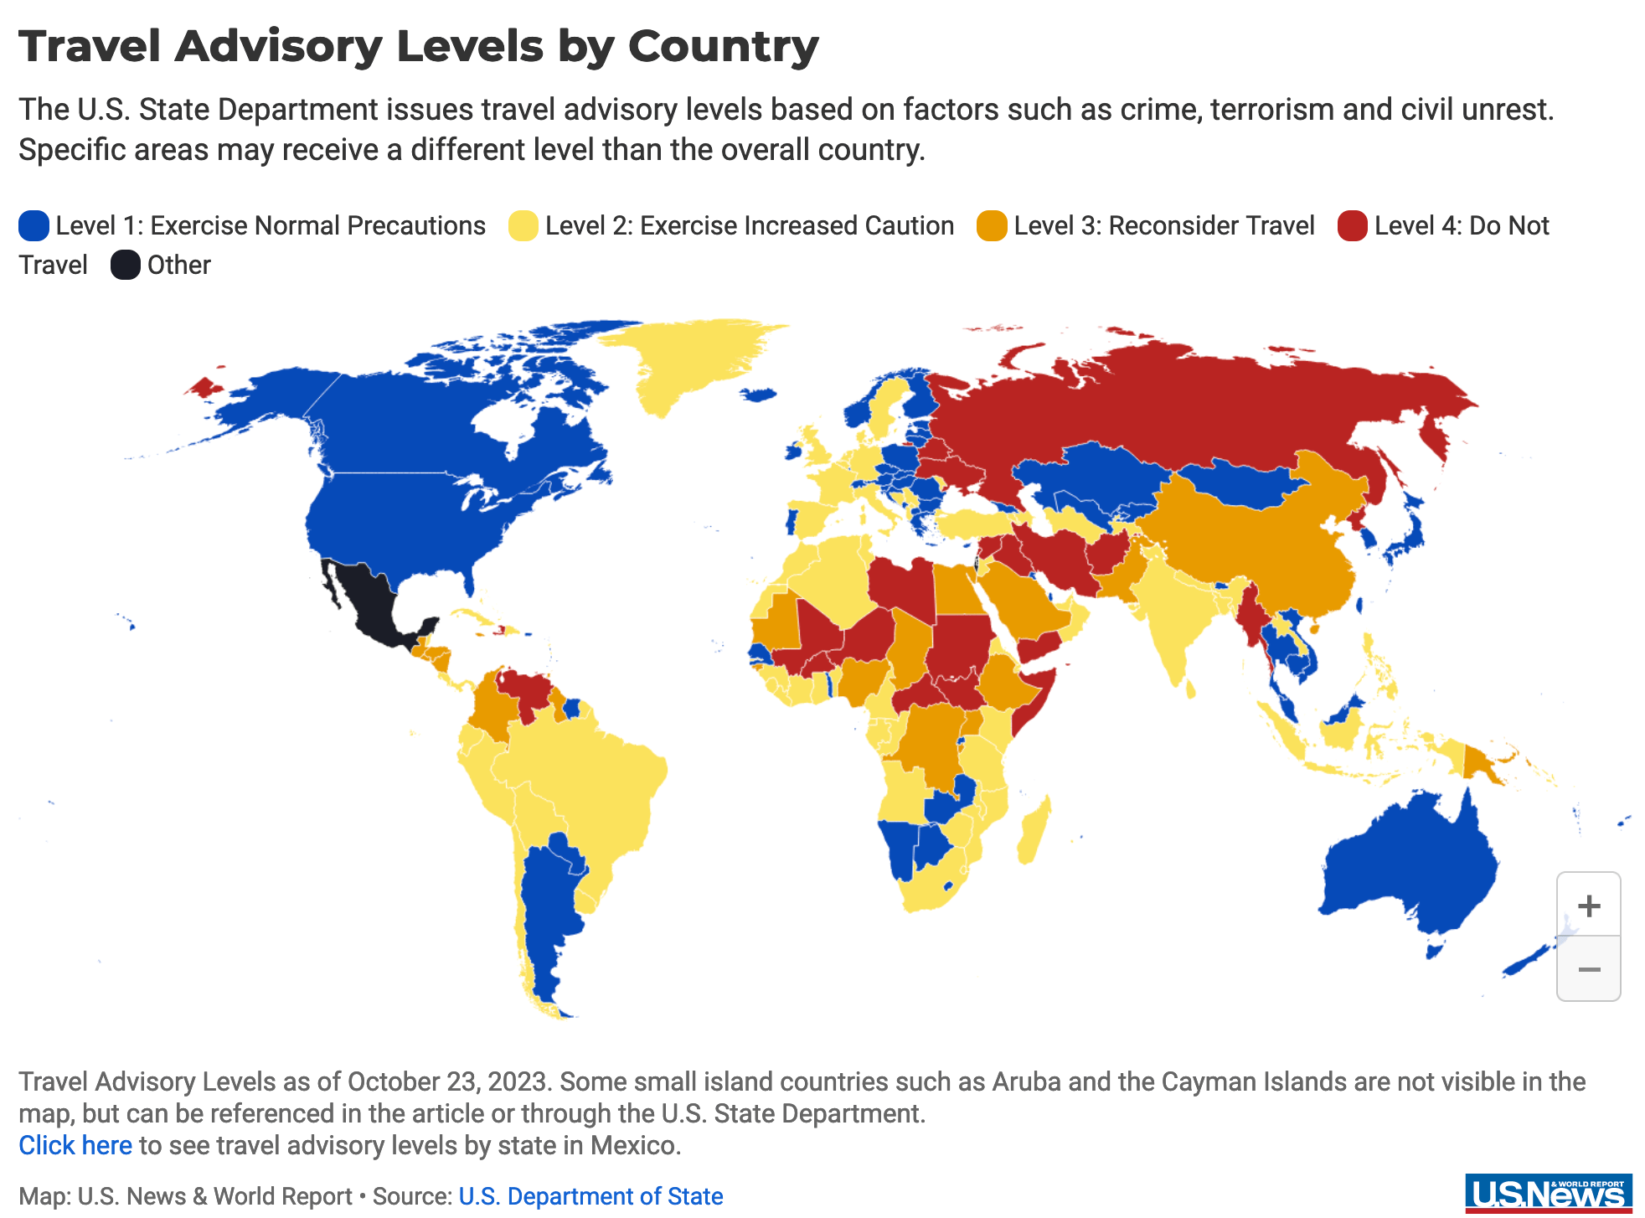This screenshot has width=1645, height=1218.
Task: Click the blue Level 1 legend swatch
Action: point(34,226)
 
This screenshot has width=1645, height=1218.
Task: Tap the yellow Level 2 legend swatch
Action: point(523,226)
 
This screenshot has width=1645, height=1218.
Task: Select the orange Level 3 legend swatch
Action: point(992,226)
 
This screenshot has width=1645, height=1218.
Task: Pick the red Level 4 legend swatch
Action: point(1352,226)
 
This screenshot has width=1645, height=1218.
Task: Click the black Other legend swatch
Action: point(126,266)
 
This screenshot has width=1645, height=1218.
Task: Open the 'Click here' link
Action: point(75,1145)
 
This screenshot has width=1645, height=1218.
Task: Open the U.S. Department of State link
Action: point(590,1196)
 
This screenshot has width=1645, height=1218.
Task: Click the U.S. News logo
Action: point(1548,1193)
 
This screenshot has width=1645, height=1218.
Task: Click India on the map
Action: point(1173,620)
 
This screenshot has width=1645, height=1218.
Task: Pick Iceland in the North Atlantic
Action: point(759,395)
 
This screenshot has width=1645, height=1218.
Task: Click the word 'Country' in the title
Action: point(723,46)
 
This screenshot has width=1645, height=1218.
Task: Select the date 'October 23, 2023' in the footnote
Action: point(449,1081)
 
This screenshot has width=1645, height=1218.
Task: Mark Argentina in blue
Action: point(549,905)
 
